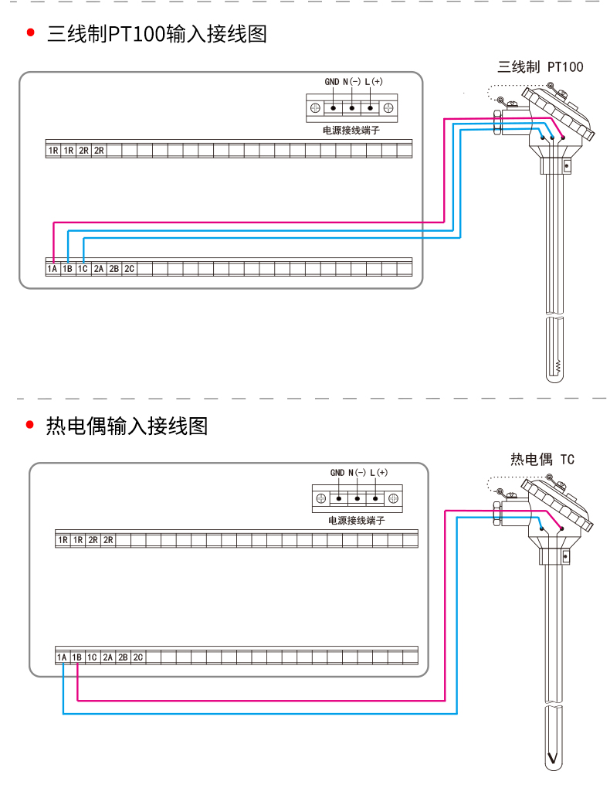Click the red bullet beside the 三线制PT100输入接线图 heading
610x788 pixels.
click(x=31, y=32)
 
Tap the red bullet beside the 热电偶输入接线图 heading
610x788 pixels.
click(x=29, y=425)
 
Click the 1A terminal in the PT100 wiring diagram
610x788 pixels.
click(x=53, y=269)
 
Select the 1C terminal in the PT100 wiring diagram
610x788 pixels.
click(x=83, y=269)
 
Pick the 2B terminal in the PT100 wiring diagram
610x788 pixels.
click(x=114, y=269)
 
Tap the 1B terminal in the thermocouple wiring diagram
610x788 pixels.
click(x=77, y=657)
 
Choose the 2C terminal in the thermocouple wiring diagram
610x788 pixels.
click(x=138, y=657)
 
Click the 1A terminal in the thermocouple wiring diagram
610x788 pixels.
click(x=62, y=657)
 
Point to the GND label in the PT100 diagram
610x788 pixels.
click(x=331, y=81)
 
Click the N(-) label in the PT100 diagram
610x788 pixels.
click(x=352, y=81)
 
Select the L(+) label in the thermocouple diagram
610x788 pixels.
click(x=379, y=472)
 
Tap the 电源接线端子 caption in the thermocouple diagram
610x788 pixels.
click(x=356, y=520)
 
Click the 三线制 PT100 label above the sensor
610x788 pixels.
click(x=541, y=67)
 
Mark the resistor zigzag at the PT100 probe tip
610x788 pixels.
click(x=557, y=367)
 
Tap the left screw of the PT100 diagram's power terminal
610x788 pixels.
click(x=315, y=108)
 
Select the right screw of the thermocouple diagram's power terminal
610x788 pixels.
click(x=394, y=498)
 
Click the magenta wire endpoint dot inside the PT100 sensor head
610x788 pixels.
click(x=563, y=138)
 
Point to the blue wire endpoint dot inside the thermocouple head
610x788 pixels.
click(x=541, y=528)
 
